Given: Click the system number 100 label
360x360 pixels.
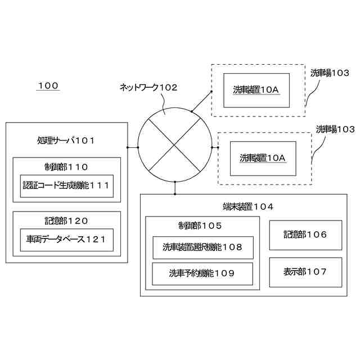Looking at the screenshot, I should click(48, 86).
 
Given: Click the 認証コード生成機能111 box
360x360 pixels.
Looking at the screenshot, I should click(67, 186).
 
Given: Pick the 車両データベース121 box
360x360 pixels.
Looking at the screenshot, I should click(67, 240).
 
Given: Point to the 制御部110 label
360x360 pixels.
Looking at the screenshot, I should click(66, 166).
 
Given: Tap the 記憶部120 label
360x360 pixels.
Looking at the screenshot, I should click(66, 220).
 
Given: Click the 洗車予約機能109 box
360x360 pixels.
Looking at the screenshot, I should click(202, 274).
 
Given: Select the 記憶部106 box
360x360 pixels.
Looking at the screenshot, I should click(305, 235).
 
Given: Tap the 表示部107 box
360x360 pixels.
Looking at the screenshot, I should click(305, 272).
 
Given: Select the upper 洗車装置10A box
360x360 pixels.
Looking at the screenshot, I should click(256, 90).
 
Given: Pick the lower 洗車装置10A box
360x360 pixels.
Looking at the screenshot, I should click(263, 158).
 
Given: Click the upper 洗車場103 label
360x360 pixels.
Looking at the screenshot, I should click(330, 73).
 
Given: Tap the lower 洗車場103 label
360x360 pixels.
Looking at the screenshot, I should click(335, 129).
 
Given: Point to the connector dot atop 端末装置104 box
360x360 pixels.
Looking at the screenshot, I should click(175, 182).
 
